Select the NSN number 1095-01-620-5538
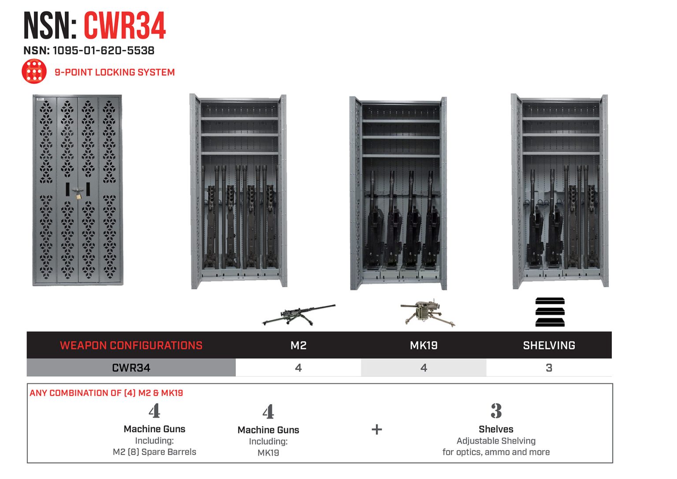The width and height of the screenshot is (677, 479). (x=104, y=51)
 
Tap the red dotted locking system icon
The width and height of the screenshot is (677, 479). (x=34, y=71)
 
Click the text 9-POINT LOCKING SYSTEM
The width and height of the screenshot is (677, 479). (x=115, y=72)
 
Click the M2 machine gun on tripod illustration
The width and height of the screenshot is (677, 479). (x=298, y=314)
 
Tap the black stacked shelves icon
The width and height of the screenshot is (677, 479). (x=550, y=312)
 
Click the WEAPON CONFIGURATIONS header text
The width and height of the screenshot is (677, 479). (x=131, y=345)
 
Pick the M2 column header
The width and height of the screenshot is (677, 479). (x=298, y=345)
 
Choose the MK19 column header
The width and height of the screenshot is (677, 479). (x=424, y=345)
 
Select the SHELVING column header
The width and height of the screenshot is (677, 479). (x=549, y=345)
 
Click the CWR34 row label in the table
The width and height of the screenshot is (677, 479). (x=131, y=368)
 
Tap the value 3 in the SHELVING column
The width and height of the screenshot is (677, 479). (x=549, y=368)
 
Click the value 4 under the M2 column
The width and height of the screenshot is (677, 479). (x=298, y=368)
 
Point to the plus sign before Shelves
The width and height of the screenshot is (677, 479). (x=377, y=430)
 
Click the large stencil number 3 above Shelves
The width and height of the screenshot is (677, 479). (x=496, y=411)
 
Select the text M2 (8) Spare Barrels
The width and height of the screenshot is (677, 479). (x=154, y=452)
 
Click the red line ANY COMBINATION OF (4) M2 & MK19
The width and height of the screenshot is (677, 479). (x=106, y=393)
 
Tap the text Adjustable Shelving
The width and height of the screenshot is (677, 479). (x=496, y=441)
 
